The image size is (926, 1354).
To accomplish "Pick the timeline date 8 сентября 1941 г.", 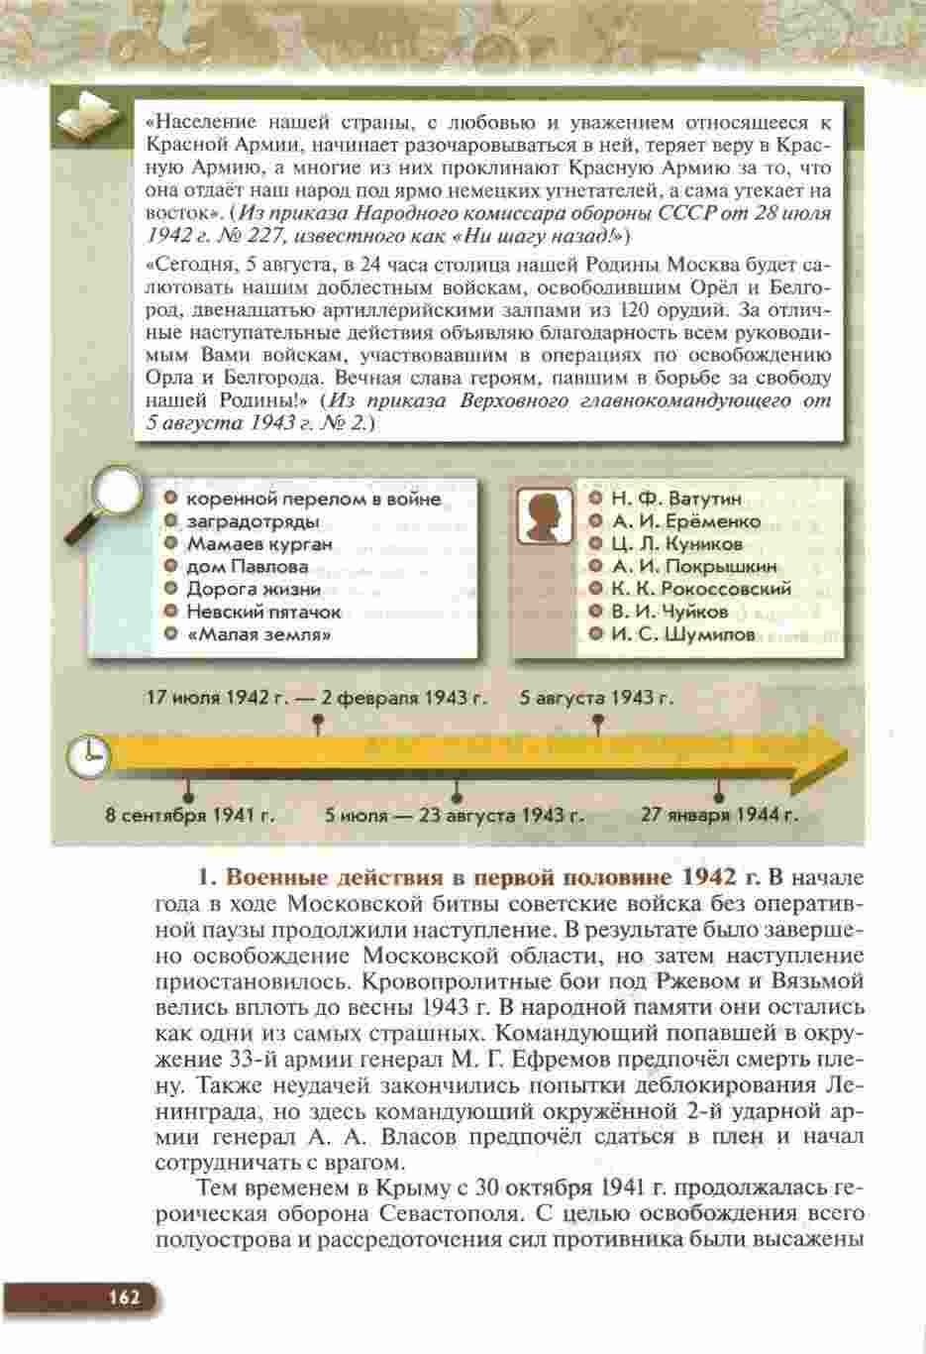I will [x=190, y=817].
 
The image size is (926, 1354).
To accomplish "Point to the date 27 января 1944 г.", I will [x=719, y=817].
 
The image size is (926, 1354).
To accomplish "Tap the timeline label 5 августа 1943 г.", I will [x=597, y=698].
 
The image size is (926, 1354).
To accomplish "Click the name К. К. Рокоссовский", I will [x=701, y=589].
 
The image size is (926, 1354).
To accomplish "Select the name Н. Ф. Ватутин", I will [x=676, y=499].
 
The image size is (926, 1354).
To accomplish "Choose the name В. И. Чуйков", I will [x=669, y=612].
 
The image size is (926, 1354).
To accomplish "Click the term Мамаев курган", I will [x=259, y=544].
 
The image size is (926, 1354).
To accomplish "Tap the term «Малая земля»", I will [x=258, y=634].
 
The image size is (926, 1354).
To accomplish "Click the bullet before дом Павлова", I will [x=171, y=567].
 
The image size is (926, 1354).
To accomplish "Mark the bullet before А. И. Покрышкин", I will [x=596, y=567].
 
